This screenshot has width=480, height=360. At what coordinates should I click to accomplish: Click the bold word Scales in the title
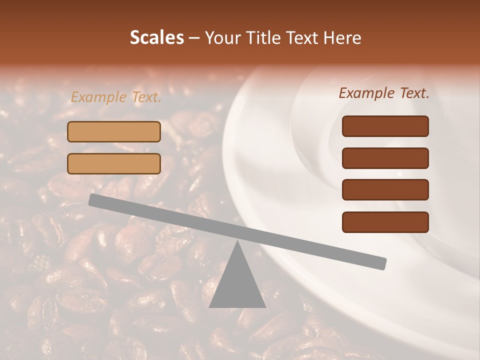pos(156,37)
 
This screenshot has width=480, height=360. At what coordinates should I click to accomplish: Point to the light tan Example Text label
pos(116,97)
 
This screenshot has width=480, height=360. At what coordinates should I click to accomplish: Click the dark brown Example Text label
pos(384,93)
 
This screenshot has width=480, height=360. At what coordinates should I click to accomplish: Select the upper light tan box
pos(114,131)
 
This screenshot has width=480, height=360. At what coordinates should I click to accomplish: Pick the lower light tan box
pos(114,163)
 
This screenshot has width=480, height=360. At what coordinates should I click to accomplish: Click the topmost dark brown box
pos(385,126)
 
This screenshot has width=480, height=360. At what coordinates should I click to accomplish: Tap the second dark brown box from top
pos(385,158)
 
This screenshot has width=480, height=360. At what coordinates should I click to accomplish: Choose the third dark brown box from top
pos(385,190)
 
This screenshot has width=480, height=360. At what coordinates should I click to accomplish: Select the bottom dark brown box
pos(385,222)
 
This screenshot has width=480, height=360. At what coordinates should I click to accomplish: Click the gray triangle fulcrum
pos(237,282)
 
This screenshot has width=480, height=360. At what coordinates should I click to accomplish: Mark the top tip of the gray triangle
pos(237,241)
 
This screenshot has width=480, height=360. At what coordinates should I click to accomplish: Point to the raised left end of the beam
pos(92,200)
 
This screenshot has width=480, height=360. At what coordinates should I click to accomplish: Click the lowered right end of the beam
pos(382,263)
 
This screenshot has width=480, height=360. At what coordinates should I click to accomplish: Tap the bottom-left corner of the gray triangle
pos(210,307)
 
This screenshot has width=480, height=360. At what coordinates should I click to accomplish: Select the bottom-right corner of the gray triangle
pos(265,307)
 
